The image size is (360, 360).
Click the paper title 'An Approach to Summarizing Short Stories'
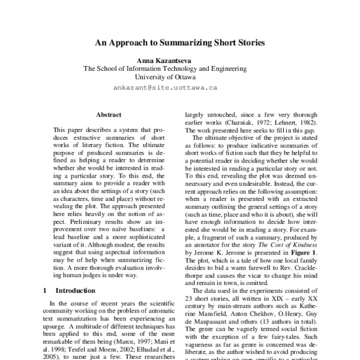point(180,43)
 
